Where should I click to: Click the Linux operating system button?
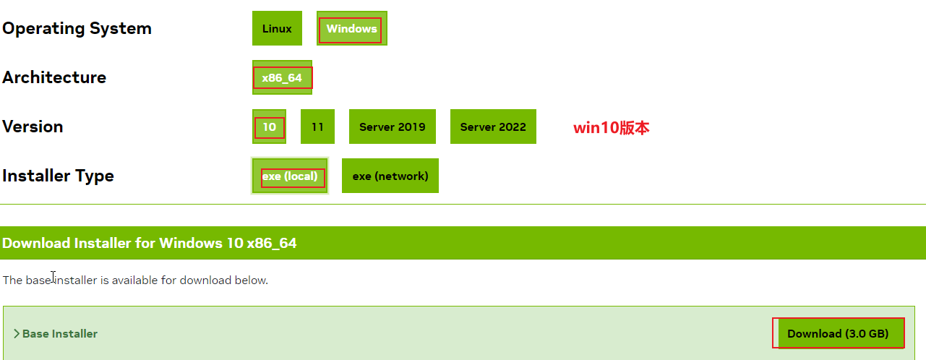[x=277, y=29]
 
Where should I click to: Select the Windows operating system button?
[x=351, y=29]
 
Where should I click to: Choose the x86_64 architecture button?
[x=282, y=77]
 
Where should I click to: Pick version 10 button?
[x=269, y=127]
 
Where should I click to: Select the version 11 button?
[x=317, y=127]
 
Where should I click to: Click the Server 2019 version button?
[x=392, y=127]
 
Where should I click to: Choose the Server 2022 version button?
[x=493, y=127]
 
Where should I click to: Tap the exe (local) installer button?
[x=290, y=176]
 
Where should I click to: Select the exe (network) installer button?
[x=390, y=176]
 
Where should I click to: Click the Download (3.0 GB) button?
[x=838, y=333]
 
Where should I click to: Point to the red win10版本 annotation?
[x=611, y=128]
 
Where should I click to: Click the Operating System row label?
[x=77, y=29]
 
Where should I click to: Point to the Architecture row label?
[x=54, y=77]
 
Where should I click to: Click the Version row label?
[x=33, y=127]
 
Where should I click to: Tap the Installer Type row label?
[x=58, y=176]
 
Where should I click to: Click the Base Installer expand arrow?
[x=16, y=334]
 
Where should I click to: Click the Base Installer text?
[x=60, y=334]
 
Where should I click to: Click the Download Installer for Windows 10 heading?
[x=150, y=243]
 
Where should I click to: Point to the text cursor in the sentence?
[x=53, y=277]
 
